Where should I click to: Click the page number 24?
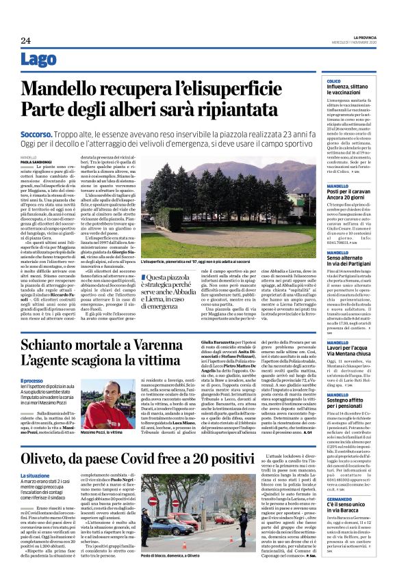pyautogui.click(x=25, y=40)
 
